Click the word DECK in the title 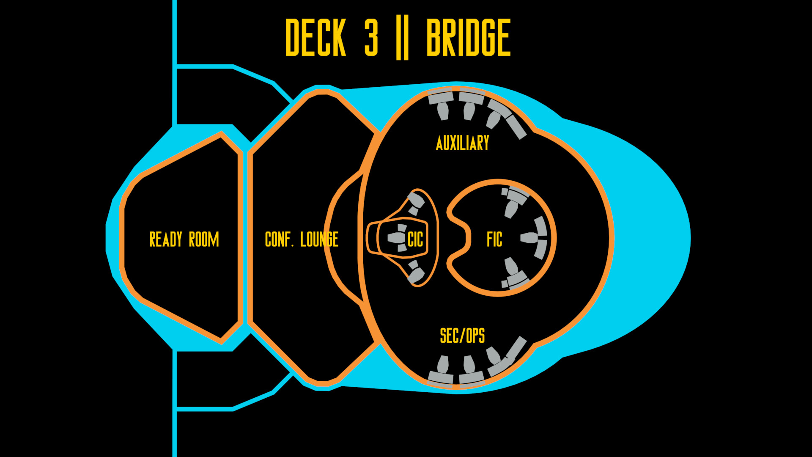point(315,38)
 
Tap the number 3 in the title point(371,38)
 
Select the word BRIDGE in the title point(468,38)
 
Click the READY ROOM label point(184,240)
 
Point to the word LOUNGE point(319,240)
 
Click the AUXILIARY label point(462,143)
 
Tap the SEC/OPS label point(462,336)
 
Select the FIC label point(494,240)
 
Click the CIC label point(415,240)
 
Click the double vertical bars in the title point(402,38)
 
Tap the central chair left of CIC point(396,238)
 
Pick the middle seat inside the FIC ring point(529,237)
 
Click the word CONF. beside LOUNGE point(279,240)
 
